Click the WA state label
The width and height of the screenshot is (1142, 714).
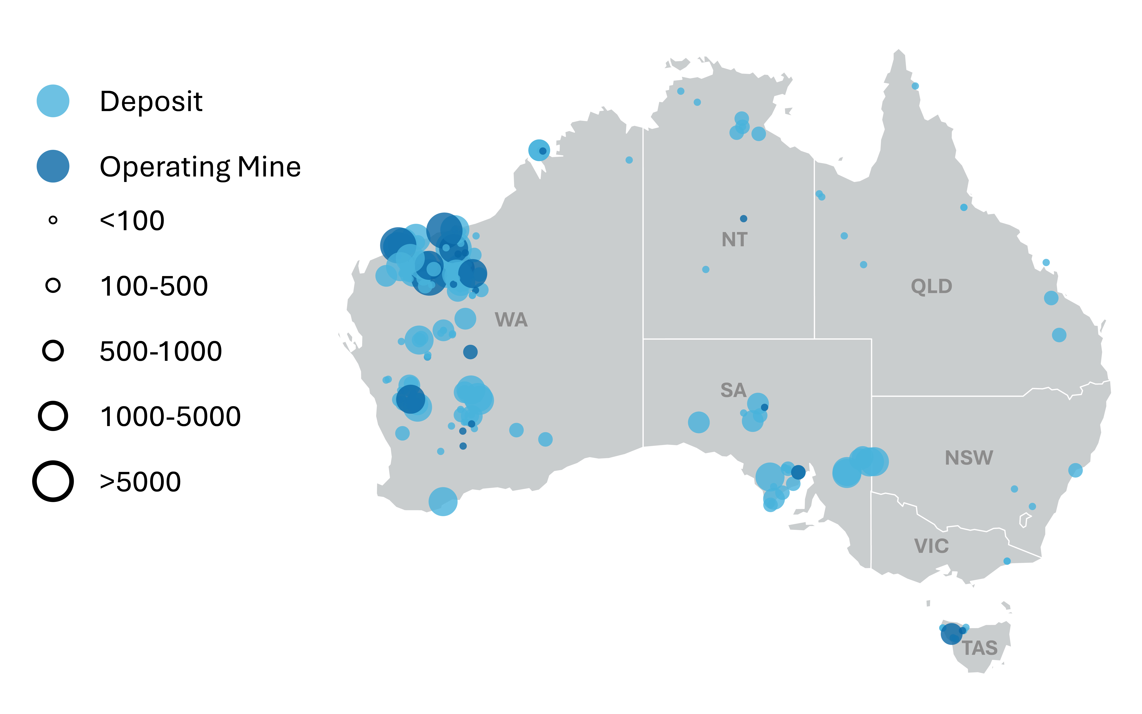click(x=511, y=320)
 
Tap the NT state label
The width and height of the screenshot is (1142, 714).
click(x=734, y=240)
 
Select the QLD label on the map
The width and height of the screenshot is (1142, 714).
click(x=931, y=286)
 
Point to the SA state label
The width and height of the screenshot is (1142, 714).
click(x=733, y=390)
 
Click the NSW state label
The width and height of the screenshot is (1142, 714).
click(x=969, y=458)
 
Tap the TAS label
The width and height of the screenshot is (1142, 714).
click(x=980, y=648)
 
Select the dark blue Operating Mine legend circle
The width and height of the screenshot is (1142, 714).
click(x=53, y=166)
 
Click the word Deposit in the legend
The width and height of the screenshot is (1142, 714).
click(x=151, y=102)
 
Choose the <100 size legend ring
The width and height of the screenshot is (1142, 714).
click(x=53, y=220)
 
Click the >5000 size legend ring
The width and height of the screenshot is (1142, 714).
click(x=53, y=481)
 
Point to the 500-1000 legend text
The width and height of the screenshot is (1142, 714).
click(x=161, y=351)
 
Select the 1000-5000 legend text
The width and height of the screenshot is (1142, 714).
click(x=170, y=417)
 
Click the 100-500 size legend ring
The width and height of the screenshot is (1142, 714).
click(x=53, y=285)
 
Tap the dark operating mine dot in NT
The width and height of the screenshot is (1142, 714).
click(x=743, y=219)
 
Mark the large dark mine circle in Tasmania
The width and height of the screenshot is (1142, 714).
click(x=951, y=634)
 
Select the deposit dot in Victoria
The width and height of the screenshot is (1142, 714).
click(x=1007, y=561)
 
